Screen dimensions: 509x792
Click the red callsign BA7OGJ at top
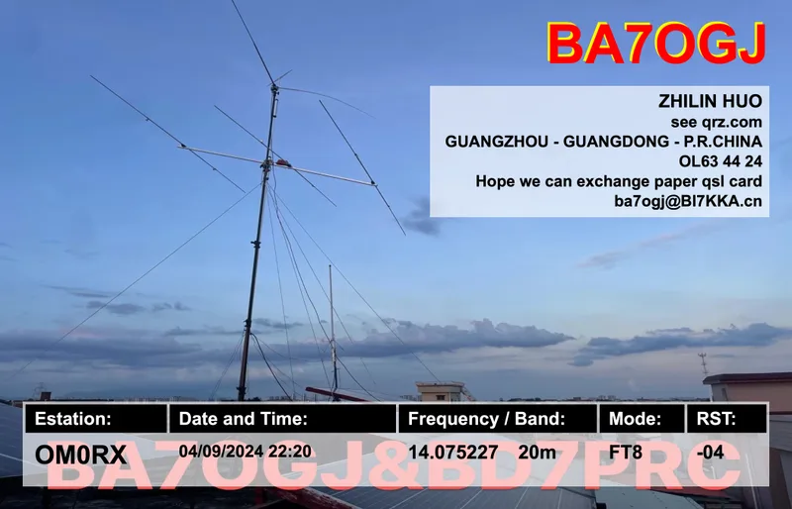(656, 45)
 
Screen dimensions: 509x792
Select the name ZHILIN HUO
(710, 101)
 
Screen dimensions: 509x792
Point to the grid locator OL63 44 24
(721, 160)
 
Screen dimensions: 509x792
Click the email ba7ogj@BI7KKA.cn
(688, 201)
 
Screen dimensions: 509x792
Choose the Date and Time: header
(244, 418)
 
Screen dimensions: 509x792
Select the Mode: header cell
(635, 418)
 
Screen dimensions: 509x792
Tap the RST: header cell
(717, 418)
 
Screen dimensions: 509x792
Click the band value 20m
(536, 452)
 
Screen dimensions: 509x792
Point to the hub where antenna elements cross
(273, 156)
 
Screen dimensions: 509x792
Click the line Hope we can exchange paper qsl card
(619, 181)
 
